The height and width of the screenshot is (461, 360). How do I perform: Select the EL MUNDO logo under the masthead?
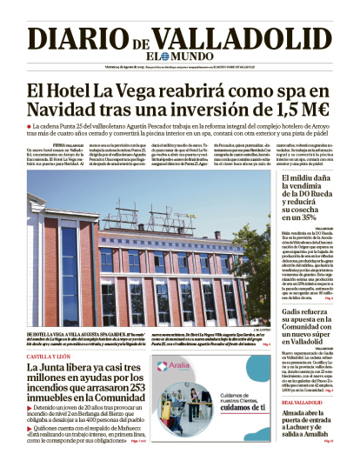coord(180,58)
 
